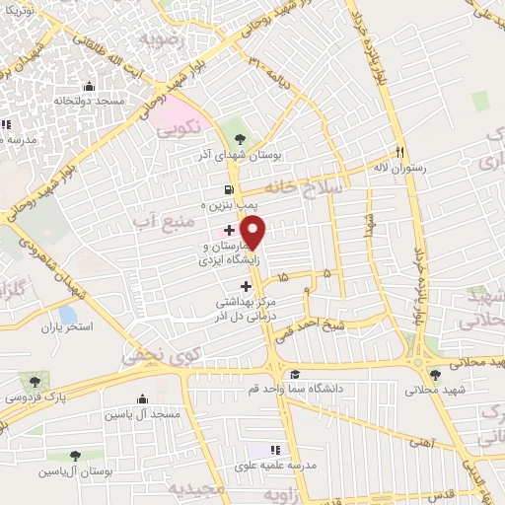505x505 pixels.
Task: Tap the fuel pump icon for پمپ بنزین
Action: (x=229, y=189)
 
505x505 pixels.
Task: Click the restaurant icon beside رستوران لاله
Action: (x=400, y=153)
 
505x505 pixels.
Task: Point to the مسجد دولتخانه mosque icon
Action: (x=90, y=86)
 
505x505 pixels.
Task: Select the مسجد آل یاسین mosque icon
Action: (x=144, y=400)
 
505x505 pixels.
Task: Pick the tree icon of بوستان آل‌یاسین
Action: (x=75, y=455)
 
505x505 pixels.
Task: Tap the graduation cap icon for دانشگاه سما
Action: (x=295, y=374)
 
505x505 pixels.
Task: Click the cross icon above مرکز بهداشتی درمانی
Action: (x=246, y=286)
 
